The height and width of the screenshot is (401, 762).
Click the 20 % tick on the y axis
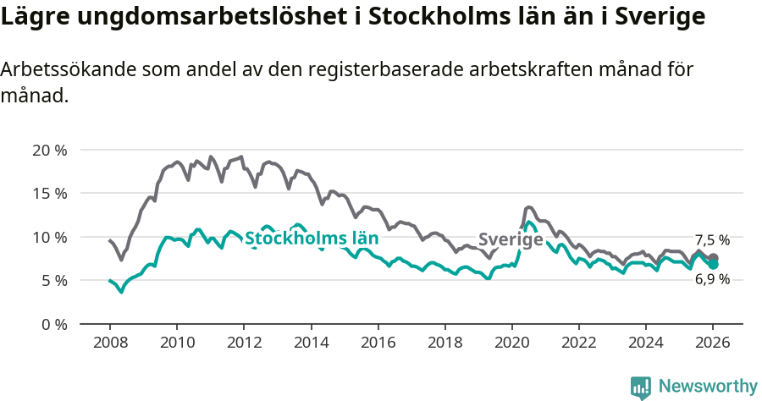coord(49,151)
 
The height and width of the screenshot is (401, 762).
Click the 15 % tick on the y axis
coord(49,194)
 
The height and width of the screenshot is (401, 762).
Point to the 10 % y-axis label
coord(49,237)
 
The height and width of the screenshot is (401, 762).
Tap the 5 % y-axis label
coord(53,280)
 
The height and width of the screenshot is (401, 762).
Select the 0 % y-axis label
coord(53,324)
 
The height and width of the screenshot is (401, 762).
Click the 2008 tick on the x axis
coord(109,343)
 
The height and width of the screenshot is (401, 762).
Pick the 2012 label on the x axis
coord(244,343)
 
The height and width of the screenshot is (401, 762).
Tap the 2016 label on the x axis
coord(378,343)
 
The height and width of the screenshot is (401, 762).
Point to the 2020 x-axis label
coord(511,343)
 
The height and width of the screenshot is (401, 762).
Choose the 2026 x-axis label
coord(713,343)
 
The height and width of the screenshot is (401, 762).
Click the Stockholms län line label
coord(311,238)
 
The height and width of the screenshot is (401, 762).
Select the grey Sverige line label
coord(511,240)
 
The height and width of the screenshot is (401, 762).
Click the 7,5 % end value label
coord(712,240)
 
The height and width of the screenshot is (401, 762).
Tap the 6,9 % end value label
coord(712,279)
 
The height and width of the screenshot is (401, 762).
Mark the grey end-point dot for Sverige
coord(714,258)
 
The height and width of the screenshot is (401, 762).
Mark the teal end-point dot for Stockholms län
coord(714,265)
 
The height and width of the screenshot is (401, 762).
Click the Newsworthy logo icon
coord(641,387)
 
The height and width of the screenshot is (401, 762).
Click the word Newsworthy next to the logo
coord(708,387)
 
